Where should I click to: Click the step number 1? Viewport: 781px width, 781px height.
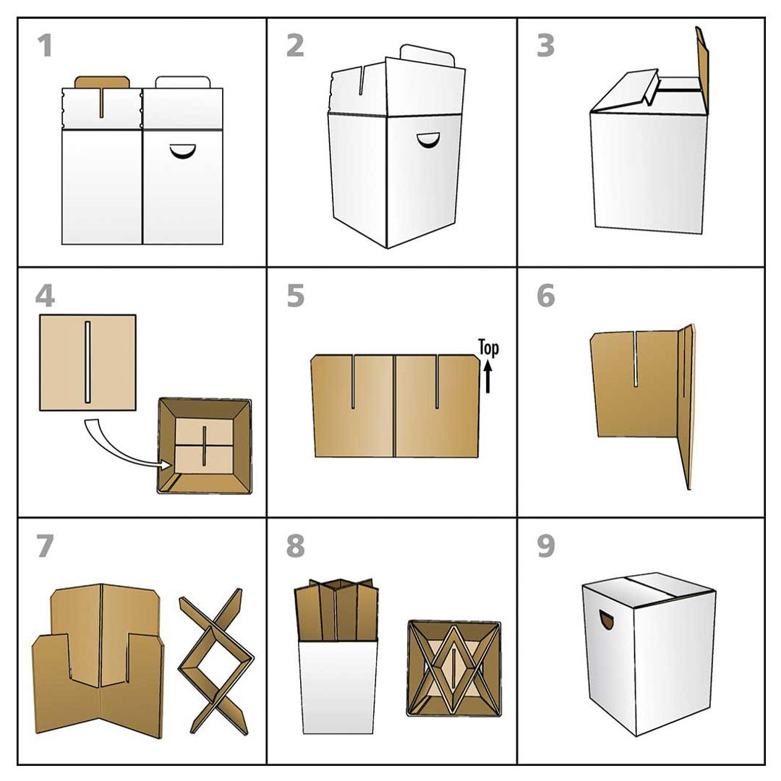[x=45, y=46]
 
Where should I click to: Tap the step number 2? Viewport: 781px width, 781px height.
[x=294, y=46]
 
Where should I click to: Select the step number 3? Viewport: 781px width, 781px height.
[x=545, y=46]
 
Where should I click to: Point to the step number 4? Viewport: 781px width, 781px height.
[x=45, y=296]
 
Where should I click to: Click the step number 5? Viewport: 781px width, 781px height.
[x=294, y=296]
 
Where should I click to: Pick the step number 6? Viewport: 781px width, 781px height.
[x=545, y=296]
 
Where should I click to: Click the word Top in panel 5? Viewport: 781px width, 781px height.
[x=489, y=349]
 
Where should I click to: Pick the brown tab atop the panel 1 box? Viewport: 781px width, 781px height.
[x=102, y=80]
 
